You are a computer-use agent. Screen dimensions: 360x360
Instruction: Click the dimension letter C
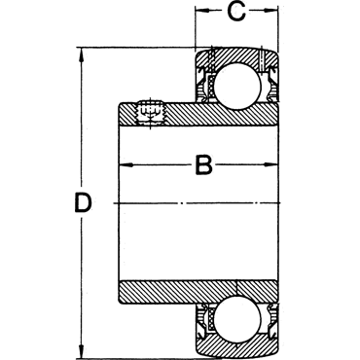(235, 12)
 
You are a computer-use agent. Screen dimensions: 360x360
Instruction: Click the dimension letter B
(203, 165)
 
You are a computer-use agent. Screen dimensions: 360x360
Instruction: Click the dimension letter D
(83, 202)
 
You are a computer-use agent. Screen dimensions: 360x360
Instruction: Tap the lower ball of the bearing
(237, 319)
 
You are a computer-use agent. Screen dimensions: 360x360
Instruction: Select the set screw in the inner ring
(150, 113)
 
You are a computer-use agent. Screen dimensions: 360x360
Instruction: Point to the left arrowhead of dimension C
(201, 11)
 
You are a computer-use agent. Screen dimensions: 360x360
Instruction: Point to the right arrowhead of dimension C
(271, 11)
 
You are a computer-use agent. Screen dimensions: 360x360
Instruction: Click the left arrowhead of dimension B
(126, 165)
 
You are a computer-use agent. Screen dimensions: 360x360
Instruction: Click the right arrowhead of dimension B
(271, 165)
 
